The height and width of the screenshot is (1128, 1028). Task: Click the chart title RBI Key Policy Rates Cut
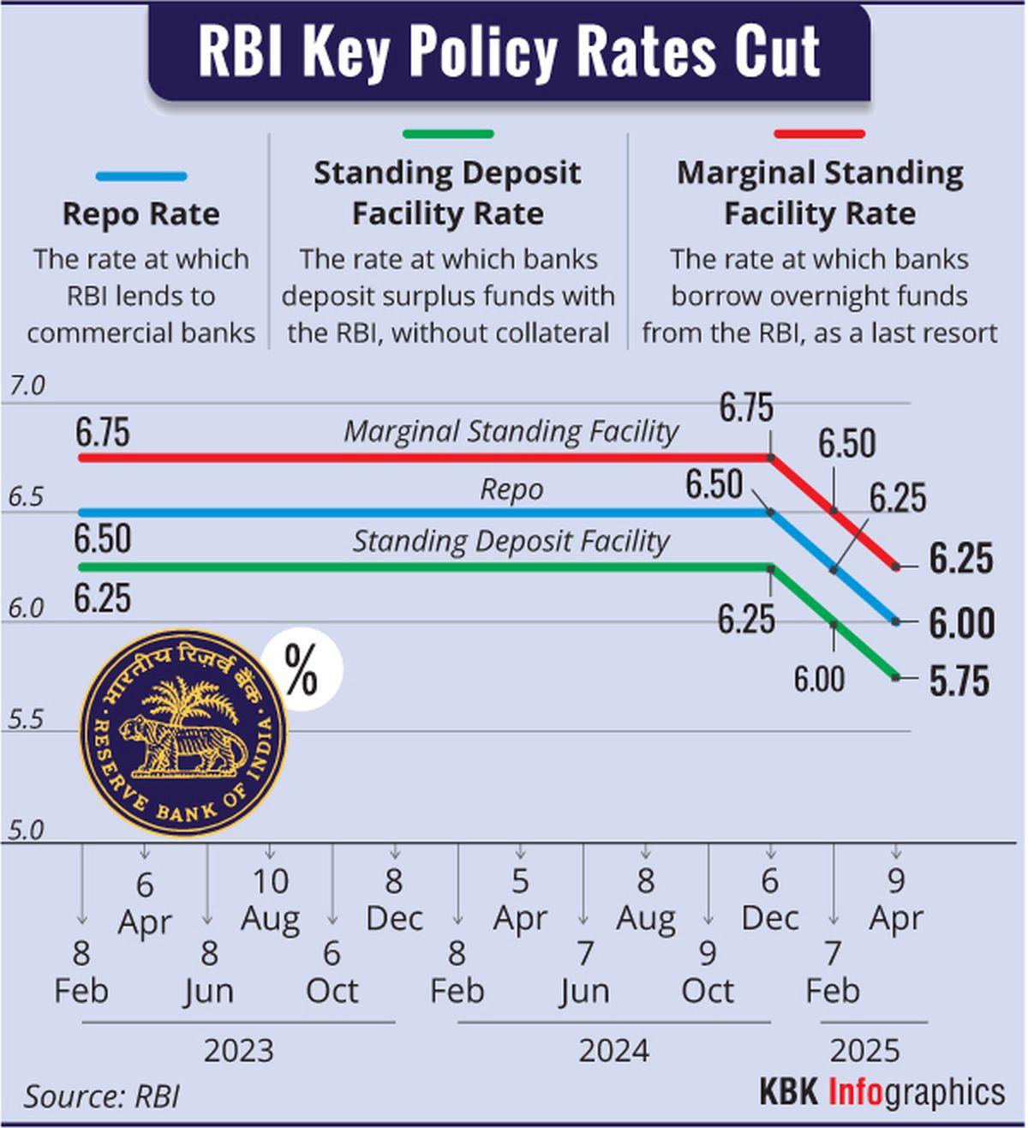pyautogui.click(x=509, y=51)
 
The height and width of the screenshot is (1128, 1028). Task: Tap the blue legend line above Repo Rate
pyautogui.click(x=141, y=177)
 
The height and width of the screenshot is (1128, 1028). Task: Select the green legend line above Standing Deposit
pyautogui.click(x=448, y=134)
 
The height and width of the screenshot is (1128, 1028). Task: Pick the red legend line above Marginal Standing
pyautogui.click(x=819, y=134)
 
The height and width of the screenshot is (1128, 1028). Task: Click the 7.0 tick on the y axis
pyautogui.click(x=27, y=387)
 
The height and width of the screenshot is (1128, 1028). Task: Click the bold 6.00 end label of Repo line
pyautogui.click(x=961, y=623)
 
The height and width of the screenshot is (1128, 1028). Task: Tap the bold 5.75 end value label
pyautogui.click(x=959, y=681)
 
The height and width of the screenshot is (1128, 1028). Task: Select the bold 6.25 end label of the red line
pyautogui.click(x=961, y=559)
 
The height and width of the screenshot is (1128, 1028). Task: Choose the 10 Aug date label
pyautogui.click(x=271, y=900)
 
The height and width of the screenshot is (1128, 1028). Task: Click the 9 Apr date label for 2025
pyautogui.click(x=896, y=900)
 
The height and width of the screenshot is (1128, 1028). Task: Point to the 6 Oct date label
pyautogui.click(x=332, y=972)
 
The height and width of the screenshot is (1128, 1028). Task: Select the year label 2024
pyautogui.click(x=613, y=1051)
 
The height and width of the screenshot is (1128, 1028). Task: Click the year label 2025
pyautogui.click(x=865, y=1051)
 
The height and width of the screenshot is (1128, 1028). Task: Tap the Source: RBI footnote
pyautogui.click(x=101, y=1096)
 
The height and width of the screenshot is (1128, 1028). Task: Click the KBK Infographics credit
pyautogui.click(x=882, y=1092)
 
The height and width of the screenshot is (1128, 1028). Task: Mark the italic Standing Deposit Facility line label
pyautogui.click(x=511, y=542)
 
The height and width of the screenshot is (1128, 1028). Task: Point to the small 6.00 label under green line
pyautogui.click(x=818, y=680)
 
